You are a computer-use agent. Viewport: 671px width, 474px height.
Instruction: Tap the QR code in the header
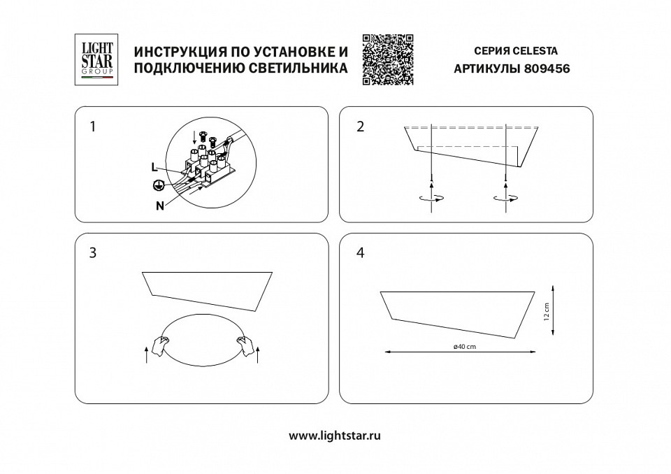(388, 59)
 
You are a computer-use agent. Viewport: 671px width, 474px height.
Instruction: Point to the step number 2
(360, 127)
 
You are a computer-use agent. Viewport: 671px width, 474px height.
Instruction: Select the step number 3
(92, 253)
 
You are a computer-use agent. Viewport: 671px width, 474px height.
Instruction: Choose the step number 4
(360, 253)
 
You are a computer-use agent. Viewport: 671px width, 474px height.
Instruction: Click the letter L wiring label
(153, 166)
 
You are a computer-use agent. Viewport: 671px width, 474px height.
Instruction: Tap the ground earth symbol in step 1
(159, 185)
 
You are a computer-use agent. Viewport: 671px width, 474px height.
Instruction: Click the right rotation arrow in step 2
(505, 198)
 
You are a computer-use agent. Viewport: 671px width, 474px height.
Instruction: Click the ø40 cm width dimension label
(464, 347)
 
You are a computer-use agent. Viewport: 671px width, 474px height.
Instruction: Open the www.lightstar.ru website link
(335, 435)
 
